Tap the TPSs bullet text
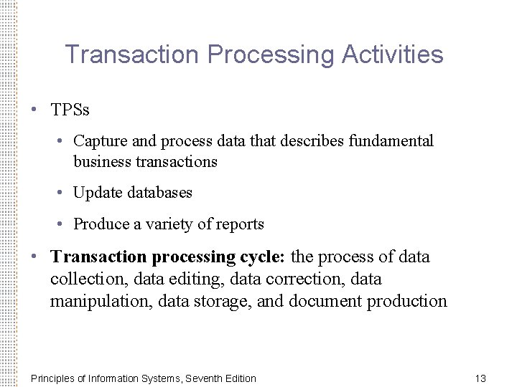coord(70,110)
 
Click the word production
coord(407,301)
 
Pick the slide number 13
coord(481,378)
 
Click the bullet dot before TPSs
coord(34,110)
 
